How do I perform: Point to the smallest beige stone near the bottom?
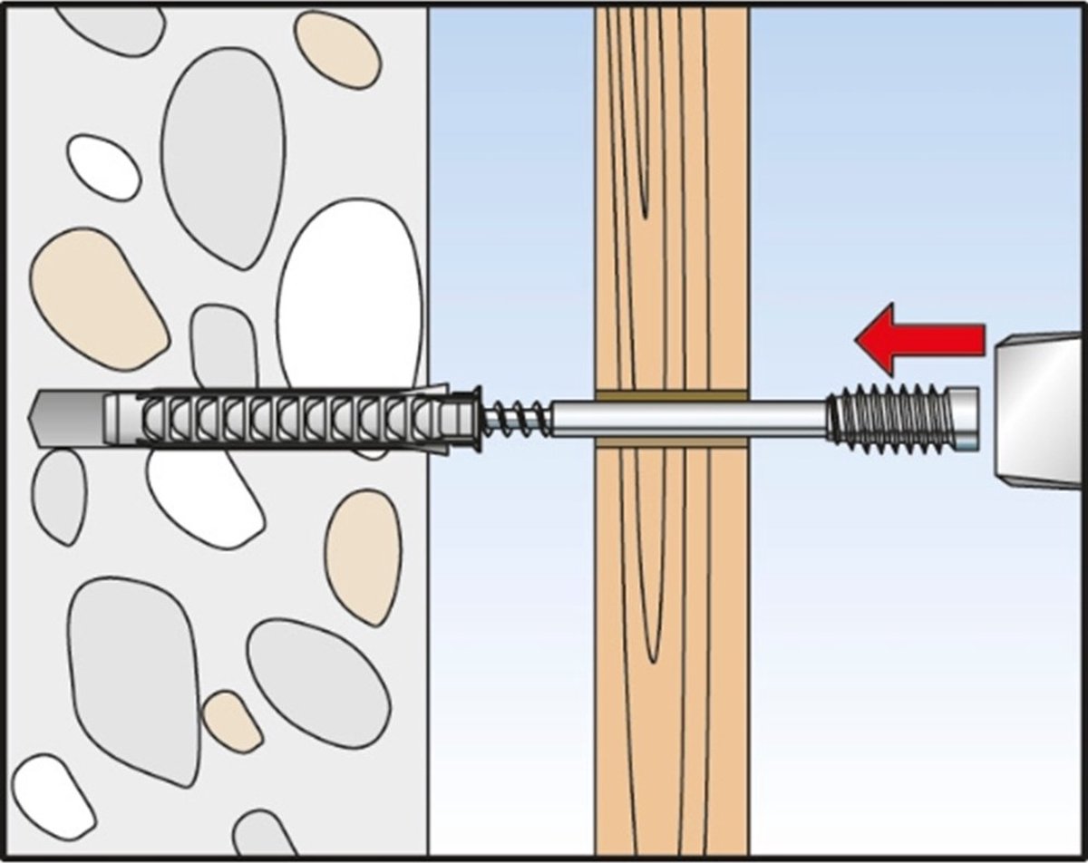[231, 721]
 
